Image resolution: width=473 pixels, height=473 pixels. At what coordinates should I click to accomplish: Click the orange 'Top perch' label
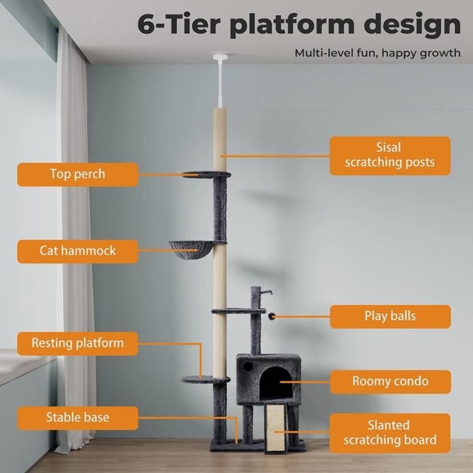(78, 174)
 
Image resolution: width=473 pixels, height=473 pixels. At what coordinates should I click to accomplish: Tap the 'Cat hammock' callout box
(78, 251)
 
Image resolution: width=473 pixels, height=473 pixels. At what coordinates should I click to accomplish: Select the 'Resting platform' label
(78, 344)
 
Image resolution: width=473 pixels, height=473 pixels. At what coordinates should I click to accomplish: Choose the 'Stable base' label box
(78, 418)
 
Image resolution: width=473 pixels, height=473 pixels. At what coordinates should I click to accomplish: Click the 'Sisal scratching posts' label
(390, 156)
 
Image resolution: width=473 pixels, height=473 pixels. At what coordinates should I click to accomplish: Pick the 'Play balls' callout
(390, 316)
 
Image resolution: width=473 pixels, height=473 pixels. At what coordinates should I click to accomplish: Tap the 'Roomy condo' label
(391, 381)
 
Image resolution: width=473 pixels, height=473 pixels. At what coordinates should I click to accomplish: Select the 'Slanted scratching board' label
(390, 433)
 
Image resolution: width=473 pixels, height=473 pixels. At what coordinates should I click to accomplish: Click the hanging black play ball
(272, 316)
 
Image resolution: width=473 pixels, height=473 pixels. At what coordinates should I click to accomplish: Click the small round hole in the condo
(248, 367)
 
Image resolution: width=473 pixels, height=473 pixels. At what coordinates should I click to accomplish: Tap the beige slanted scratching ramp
(275, 428)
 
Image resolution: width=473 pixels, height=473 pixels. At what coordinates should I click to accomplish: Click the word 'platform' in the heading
(292, 25)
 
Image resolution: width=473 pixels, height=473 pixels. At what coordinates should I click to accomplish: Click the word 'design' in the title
(412, 25)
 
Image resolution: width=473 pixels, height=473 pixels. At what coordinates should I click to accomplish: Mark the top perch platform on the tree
(206, 174)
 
